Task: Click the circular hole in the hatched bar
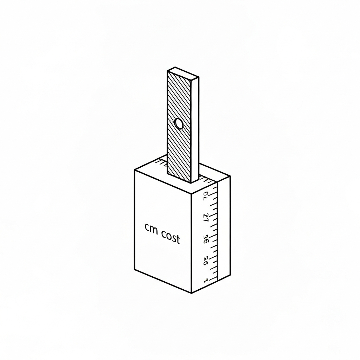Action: click(x=179, y=124)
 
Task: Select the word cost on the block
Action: click(x=171, y=239)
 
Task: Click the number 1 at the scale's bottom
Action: click(x=206, y=280)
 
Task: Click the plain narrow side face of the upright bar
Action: click(x=195, y=130)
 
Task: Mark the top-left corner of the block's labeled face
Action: click(x=135, y=170)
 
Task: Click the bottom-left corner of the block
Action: click(x=135, y=270)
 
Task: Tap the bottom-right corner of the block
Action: click(x=230, y=275)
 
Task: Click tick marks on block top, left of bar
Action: click(x=161, y=162)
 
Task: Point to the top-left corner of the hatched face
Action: click(x=168, y=71)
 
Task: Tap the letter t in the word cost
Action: click(x=178, y=239)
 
